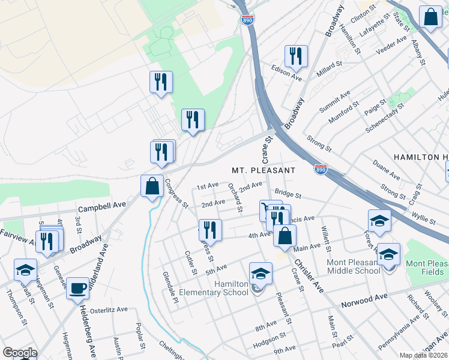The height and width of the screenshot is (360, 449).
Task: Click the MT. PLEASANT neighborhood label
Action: click(264, 170)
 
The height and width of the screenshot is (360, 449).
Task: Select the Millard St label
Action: click(329, 65)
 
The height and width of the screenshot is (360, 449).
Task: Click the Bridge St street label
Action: click(288, 193)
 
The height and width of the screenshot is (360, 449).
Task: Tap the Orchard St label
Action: click(235, 197)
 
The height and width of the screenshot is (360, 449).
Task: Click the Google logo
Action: click(20, 353)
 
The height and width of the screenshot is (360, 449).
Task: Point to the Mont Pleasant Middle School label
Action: click(353, 266)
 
